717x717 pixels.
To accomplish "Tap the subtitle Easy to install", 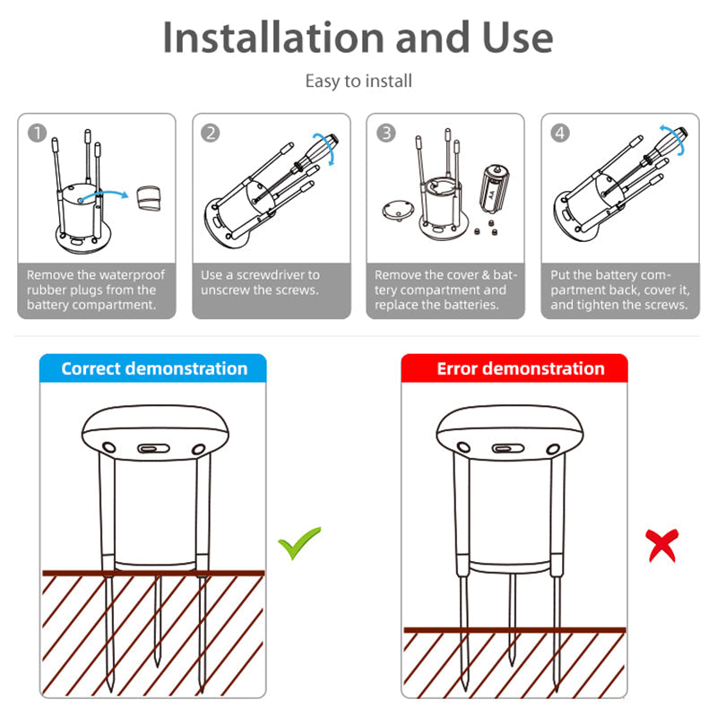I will click(358, 82).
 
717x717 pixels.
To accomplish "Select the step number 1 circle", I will click(37, 133).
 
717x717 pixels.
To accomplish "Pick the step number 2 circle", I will click(211, 133).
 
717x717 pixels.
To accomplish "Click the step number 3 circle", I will click(385, 133).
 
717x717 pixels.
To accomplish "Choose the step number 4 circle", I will click(560, 133).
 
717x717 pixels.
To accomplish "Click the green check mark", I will click(299, 543).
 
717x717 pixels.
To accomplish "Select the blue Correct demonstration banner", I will click(154, 368).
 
